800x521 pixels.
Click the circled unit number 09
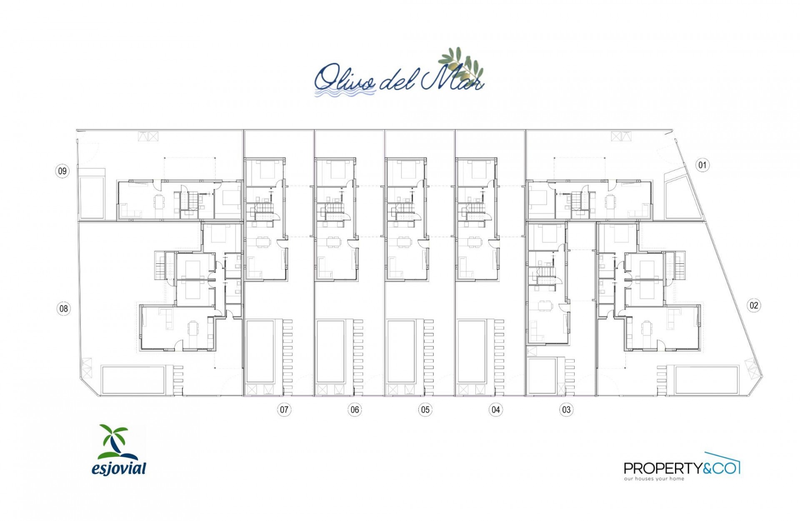pyautogui.click(x=62, y=171)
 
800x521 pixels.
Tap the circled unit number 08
pyautogui.click(x=63, y=309)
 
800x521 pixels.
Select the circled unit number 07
pyautogui.click(x=284, y=410)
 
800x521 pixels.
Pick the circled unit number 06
pyautogui.click(x=355, y=410)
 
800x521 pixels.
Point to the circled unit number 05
pyautogui.click(x=425, y=410)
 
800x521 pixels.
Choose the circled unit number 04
pyautogui.click(x=495, y=410)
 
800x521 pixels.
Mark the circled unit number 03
pyautogui.click(x=566, y=410)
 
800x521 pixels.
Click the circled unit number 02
pyautogui.click(x=754, y=306)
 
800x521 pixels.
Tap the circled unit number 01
pyautogui.click(x=702, y=165)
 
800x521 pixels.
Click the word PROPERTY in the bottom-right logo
pyautogui.click(x=662, y=468)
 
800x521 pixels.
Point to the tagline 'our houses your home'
pyautogui.click(x=654, y=479)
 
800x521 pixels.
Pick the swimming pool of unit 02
pyautogui.click(x=706, y=380)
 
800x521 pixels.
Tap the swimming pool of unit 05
pyautogui.click(x=401, y=352)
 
